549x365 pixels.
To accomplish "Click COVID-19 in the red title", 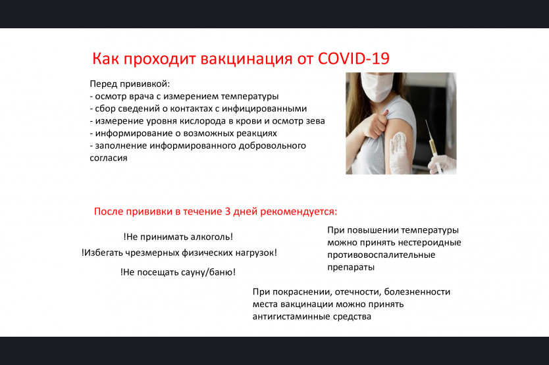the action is [353, 59].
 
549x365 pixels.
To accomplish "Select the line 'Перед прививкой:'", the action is [130, 84].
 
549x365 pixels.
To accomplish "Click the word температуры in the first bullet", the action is [249, 96].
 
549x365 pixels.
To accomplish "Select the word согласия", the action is [109, 158].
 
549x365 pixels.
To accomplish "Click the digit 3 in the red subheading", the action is [228, 211].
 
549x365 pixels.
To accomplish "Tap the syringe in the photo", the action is [432, 143].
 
